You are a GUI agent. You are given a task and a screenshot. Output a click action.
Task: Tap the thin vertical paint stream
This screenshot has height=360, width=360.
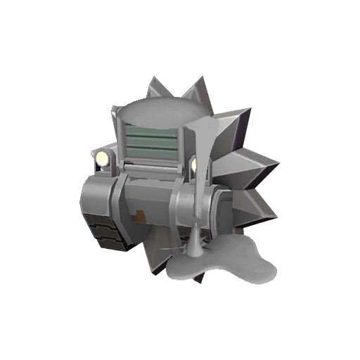point(201,190)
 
